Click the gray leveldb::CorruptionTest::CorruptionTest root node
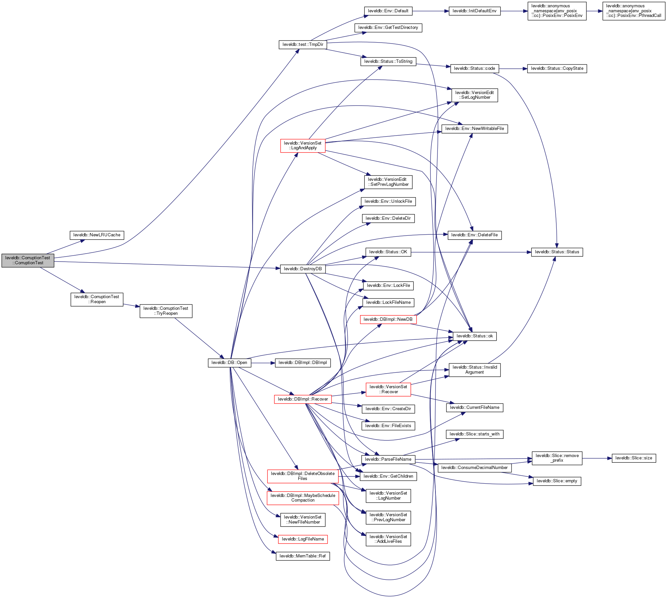pyautogui.click(x=28, y=260)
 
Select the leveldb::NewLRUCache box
pyautogui.click(x=97, y=235)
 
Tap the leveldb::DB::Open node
pyautogui.click(x=229, y=363)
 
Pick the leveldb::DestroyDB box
pyautogui.click(x=303, y=269)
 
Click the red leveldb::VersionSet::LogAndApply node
pyautogui.click(x=303, y=146)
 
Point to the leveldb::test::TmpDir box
pyautogui.click(x=303, y=45)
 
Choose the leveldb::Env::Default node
pyautogui.click(x=388, y=11)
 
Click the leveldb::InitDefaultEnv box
pyautogui.click(x=474, y=11)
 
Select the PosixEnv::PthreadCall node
pyautogui.click(x=633, y=11)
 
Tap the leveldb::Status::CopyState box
pyautogui.click(x=557, y=68)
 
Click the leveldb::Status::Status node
pyautogui.click(x=557, y=252)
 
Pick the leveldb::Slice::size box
pyautogui.click(x=633, y=458)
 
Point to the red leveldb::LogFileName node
pyautogui.click(x=303, y=539)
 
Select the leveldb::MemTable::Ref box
pyautogui.click(x=303, y=556)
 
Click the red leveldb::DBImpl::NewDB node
pyautogui.click(x=388, y=319)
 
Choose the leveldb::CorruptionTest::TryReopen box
pyautogui.click(x=166, y=311)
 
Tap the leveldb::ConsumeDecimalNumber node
pyautogui.click(x=474, y=468)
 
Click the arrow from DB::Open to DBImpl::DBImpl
pyautogui.click(x=263, y=363)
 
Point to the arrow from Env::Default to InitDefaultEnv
pyautogui.click(x=430, y=11)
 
